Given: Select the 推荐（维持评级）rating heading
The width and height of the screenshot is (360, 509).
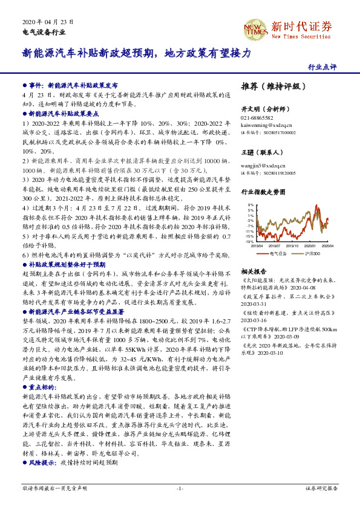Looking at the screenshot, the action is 270,86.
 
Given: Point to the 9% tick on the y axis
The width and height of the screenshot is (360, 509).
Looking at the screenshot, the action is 250,205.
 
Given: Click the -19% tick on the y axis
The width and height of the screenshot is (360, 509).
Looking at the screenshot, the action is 249,241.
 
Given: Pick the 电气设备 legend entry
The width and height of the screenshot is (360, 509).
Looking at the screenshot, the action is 278,253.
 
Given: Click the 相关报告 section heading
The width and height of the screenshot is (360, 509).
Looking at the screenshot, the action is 252,272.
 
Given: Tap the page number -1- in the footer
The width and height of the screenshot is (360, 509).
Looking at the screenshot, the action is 180,488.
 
